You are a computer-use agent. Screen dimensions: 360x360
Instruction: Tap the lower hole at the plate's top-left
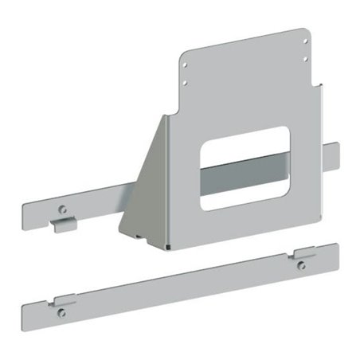185,80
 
